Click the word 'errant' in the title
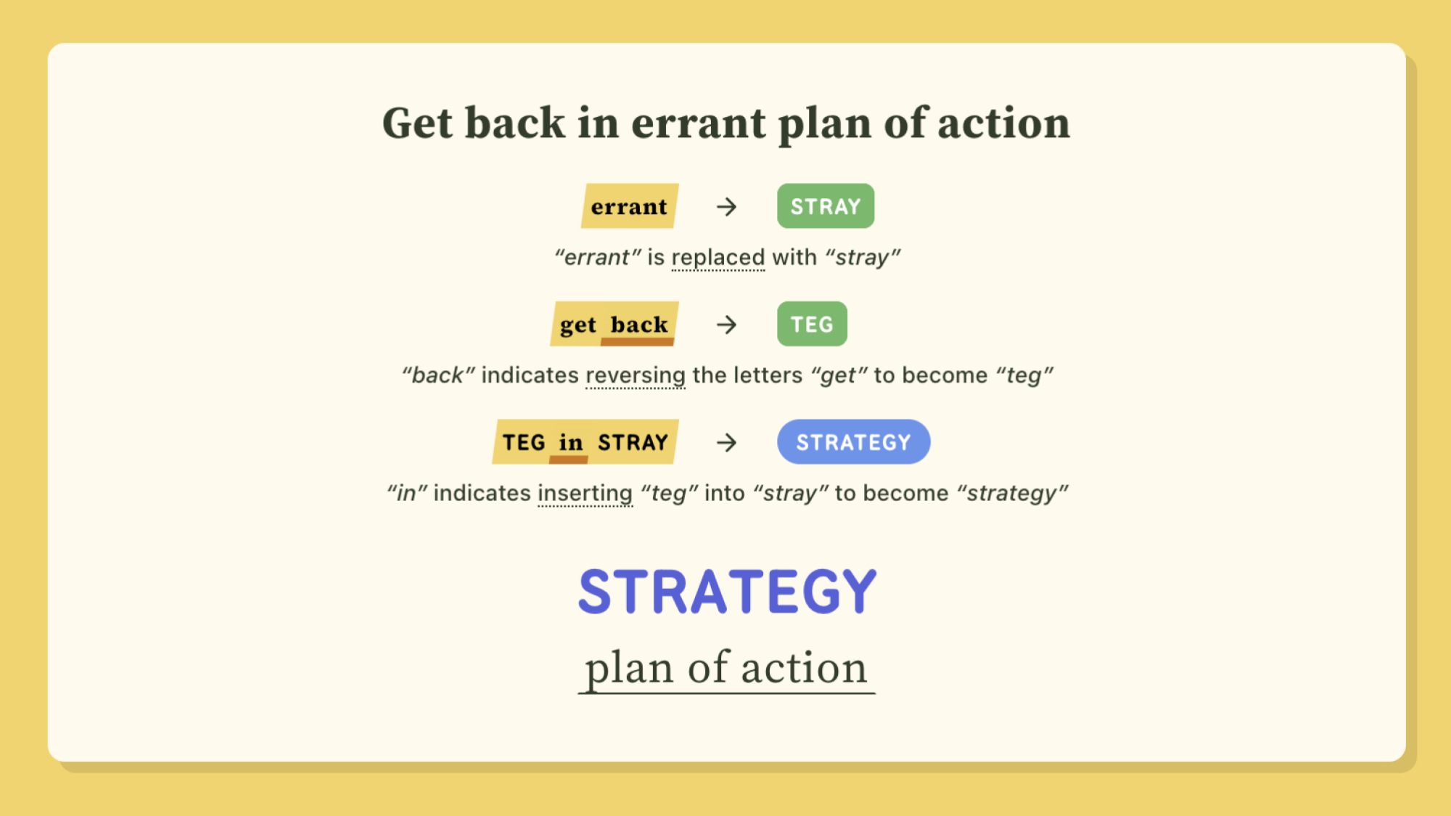click(x=699, y=123)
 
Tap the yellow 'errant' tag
click(x=630, y=206)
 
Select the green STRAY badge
click(x=826, y=206)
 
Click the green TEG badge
click(x=812, y=324)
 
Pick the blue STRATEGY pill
click(x=853, y=441)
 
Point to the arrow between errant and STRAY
click(x=727, y=207)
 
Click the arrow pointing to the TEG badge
click(x=727, y=325)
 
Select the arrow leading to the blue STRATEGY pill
click(x=727, y=442)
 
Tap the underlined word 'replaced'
click(x=718, y=258)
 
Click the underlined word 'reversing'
click(x=636, y=375)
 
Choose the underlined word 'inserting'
click(x=585, y=494)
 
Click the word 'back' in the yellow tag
click(x=638, y=324)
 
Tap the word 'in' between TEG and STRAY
click(x=571, y=442)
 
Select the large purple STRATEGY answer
click(x=727, y=592)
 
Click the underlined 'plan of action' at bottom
click(x=726, y=668)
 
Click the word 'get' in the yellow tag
click(x=578, y=325)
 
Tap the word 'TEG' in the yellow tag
click(x=524, y=442)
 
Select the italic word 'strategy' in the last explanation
click(x=1012, y=494)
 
